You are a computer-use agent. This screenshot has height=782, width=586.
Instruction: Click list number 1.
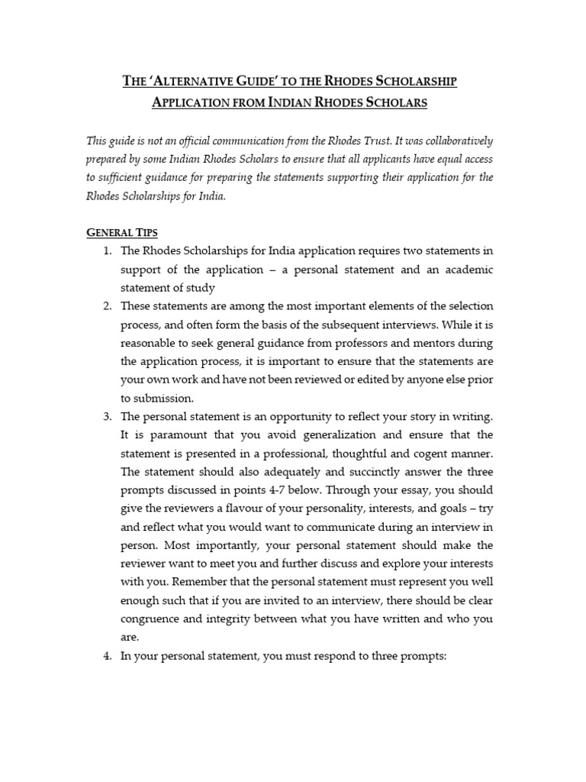[107, 252]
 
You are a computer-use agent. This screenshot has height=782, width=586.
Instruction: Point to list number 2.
[107, 305]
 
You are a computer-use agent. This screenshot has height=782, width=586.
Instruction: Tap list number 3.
[107, 416]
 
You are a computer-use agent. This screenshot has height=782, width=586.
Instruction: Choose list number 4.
[107, 656]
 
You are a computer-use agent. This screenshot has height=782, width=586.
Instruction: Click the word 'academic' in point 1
[465, 270]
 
